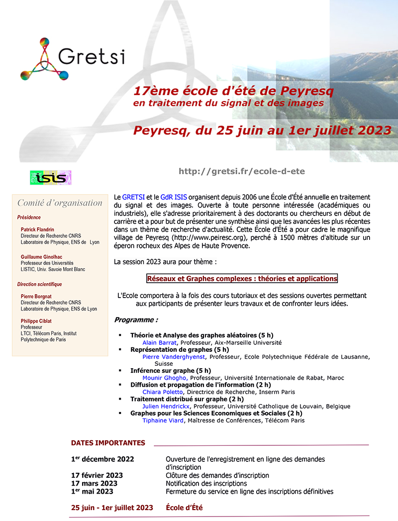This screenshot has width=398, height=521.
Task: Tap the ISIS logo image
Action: point(51,177)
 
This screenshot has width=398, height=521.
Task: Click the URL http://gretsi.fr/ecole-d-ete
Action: point(241,171)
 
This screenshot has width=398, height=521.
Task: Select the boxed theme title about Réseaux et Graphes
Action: point(242,279)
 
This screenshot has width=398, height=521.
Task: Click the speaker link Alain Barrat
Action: point(160,342)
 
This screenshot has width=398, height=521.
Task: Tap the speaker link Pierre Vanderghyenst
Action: point(175,356)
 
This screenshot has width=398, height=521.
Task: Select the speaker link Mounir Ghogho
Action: point(165,378)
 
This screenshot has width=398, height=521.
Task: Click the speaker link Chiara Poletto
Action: point(162,392)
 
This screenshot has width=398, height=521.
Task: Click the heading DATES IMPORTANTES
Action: point(108,443)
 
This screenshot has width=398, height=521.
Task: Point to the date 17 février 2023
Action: point(97,475)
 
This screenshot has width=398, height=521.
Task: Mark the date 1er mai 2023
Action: point(92,491)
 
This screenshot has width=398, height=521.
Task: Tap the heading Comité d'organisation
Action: point(60,203)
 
